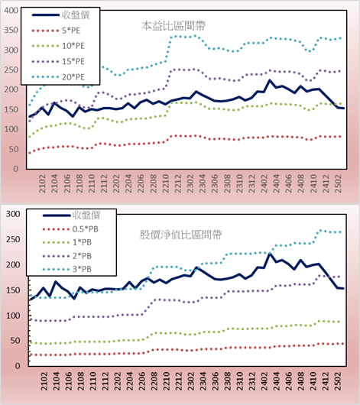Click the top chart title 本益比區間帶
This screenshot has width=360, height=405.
click(x=174, y=26)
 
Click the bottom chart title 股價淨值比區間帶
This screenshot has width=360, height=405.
click(x=180, y=235)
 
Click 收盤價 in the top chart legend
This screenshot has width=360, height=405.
click(x=76, y=15)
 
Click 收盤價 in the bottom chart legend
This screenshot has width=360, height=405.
click(x=86, y=215)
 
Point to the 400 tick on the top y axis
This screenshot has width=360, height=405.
click(x=11, y=11)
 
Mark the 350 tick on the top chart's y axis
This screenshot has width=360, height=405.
click(x=11, y=31)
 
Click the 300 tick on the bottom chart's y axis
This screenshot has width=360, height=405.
click(x=13, y=214)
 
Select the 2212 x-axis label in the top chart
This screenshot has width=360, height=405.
click(x=177, y=183)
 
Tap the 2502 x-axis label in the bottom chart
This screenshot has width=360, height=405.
click(x=338, y=381)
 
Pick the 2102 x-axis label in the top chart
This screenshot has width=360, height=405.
click(x=42, y=183)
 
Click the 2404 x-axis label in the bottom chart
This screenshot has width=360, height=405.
click(x=276, y=381)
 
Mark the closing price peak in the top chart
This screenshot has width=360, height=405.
click(x=270, y=80)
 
